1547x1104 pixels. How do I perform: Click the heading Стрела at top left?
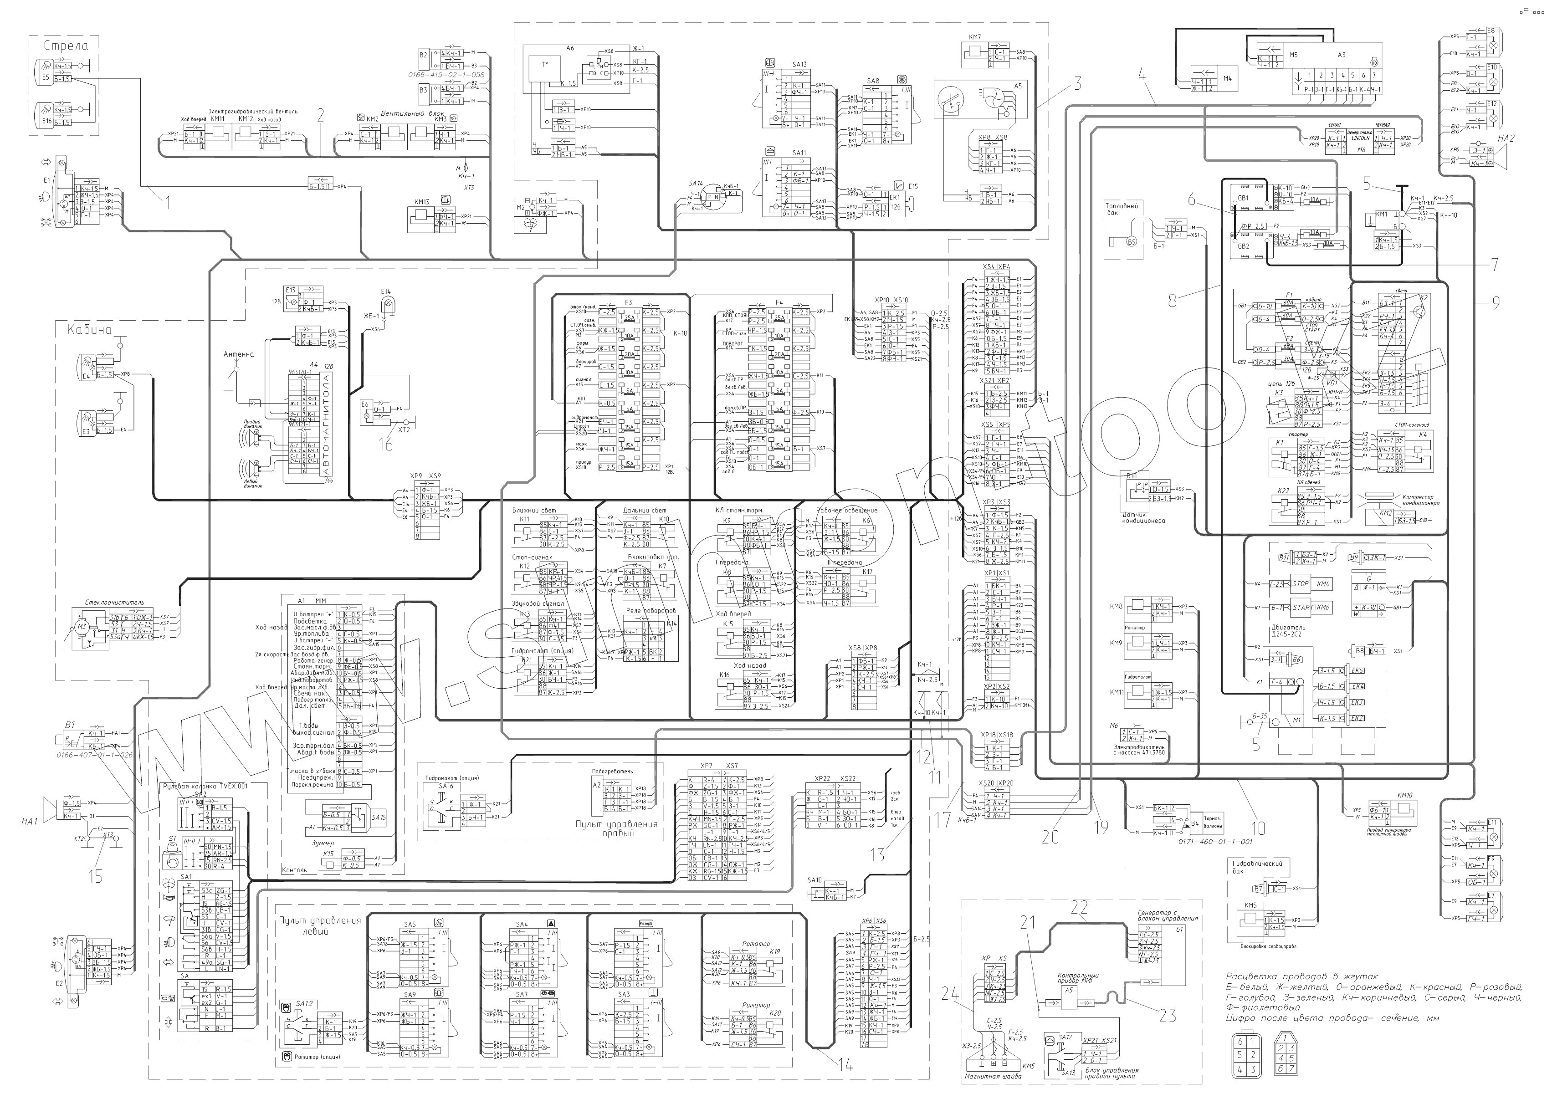pyautogui.click(x=66, y=46)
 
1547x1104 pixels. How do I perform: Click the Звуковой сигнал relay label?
pyautogui.click(x=538, y=603)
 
